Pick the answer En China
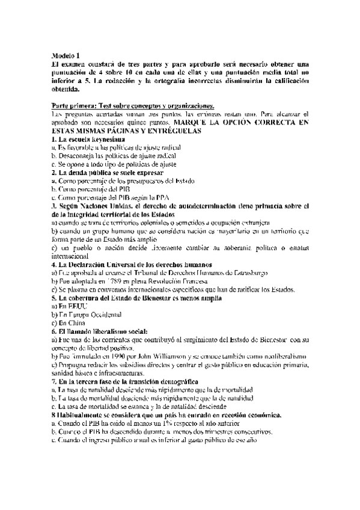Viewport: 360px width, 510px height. pyautogui.click(x=66, y=323)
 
